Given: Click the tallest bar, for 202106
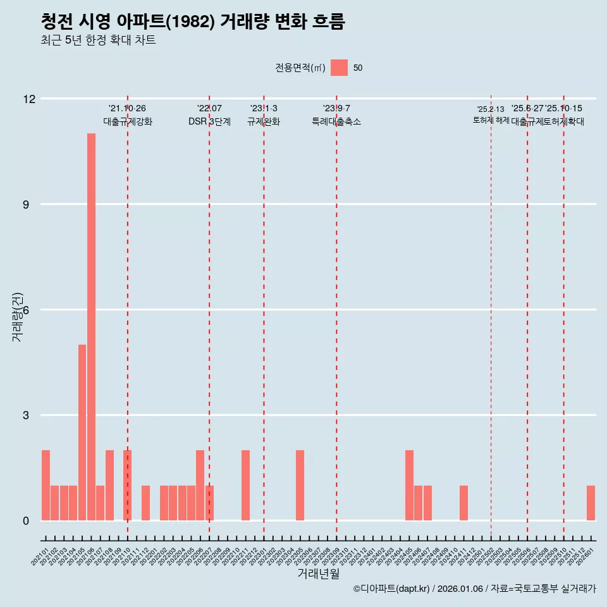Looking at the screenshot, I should pyautogui.click(x=91, y=327).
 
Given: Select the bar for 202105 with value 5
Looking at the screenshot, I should pyautogui.click(x=82, y=432).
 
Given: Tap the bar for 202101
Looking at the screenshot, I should pyautogui.click(x=46, y=485).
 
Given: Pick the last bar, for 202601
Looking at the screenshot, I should pyautogui.click(x=591, y=503).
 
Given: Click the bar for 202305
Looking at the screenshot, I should pyautogui.click(x=300, y=485).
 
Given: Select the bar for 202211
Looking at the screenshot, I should pyautogui.click(x=245, y=485).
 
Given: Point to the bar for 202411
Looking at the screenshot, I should pyautogui.click(x=463, y=503).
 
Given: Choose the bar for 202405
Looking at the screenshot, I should pyautogui.click(x=409, y=485).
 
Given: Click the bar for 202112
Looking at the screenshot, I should pyautogui.click(x=145, y=503).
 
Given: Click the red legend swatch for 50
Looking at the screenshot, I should pyautogui.click(x=340, y=68).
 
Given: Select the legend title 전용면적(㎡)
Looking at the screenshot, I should pyautogui.click(x=300, y=68).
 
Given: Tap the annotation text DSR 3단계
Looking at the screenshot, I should pyautogui.click(x=209, y=121).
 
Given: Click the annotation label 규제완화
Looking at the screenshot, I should pyautogui.click(x=264, y=121).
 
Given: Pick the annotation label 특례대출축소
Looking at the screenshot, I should pyautogui.click(x=336, y=121).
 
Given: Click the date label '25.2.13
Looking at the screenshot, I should pyautogui.click(x=491, y=109).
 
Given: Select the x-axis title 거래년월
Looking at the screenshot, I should pyautogui.click(x=318, y=574).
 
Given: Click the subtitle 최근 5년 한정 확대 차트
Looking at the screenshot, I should pyautogui.click(x=98, y=40).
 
